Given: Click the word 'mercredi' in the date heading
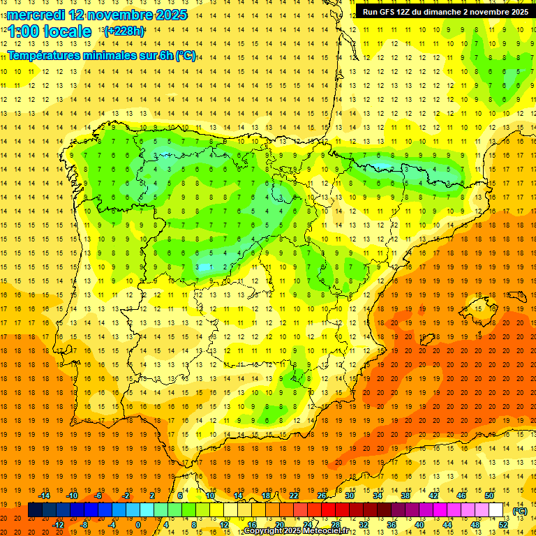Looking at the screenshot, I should tap(36, 15).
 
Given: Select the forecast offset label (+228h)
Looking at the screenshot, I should tap(124, 31).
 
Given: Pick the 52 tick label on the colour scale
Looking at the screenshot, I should tap(503, 524).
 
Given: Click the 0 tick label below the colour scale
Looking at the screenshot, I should tap(138, 524).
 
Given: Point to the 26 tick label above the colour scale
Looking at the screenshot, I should tap(322, 496).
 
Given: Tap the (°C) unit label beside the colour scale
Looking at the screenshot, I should tap(519, 511).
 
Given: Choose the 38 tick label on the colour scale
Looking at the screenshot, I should tap(405, 496).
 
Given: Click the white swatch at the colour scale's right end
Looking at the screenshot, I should tap(496, 510).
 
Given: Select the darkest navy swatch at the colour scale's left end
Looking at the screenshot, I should tap(35, 510).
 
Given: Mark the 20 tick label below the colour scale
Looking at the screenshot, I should tap(279, 524).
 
